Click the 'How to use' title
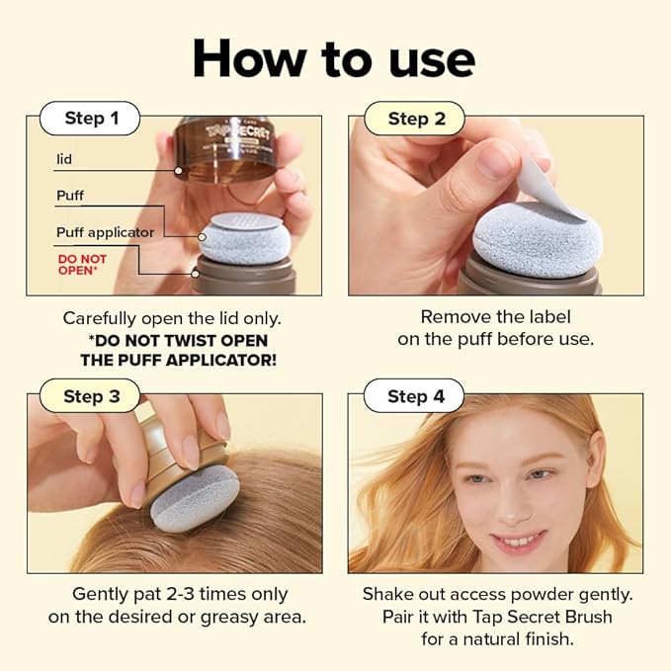[x=334, y=59]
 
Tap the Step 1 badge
[x=91, y=120]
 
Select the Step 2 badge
[x=416, y=120]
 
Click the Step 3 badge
[x=91, y=396]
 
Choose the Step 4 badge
[x=416, y=396]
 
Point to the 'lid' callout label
[x=65, y=158]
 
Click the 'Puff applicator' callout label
[x=105, y=232]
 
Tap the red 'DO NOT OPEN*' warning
[x=82, y=265]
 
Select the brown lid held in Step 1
[x=229, y=149]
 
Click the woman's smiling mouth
[x=520, y=541]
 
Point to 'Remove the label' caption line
[x=496, y=317]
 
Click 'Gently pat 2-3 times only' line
[x=180, y=594]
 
